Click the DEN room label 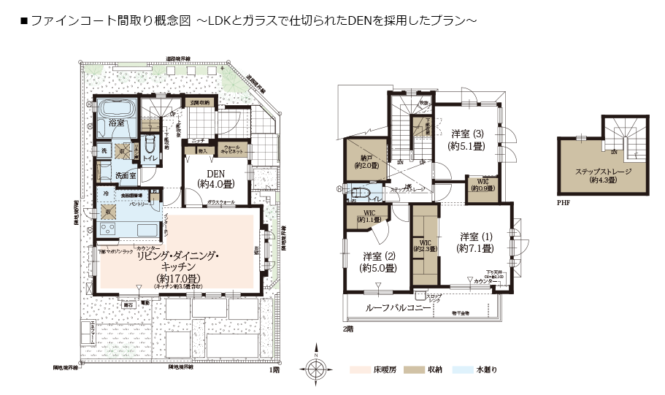click(x=215, y=175)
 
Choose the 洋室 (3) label click(x=466, y=139)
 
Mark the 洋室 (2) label click(x=379, y=261)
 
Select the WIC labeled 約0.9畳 click(x=482, y=185)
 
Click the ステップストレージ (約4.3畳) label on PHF click(x=603, y=175)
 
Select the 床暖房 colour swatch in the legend click(x=361, y=369)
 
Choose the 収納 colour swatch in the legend click(x=414, y=369)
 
